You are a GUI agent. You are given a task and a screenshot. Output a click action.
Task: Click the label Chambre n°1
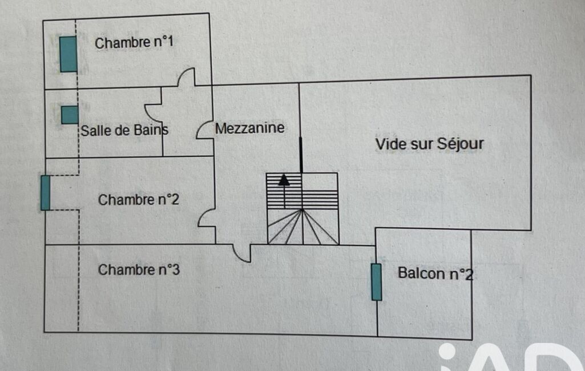click(x=134, y=43)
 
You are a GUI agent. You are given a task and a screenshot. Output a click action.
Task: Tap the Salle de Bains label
click(x=124, y=130)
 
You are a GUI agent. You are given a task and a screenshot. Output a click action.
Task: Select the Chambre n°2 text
click(x=139, y=200)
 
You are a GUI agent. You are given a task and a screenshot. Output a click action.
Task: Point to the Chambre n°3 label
click(x=139, y=269)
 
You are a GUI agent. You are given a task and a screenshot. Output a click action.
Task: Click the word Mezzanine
click(x=249, y=128)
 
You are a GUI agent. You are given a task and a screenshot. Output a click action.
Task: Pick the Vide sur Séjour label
click(x=429, y=144)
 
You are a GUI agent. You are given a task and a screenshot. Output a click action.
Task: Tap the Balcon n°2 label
click(x=435, y=274)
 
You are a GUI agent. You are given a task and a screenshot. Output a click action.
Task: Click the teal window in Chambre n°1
click(x=68, y=54)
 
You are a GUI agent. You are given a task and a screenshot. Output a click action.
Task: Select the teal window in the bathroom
click(x=70, y=115)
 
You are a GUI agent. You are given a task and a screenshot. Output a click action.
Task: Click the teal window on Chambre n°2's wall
click(x=45, y=193)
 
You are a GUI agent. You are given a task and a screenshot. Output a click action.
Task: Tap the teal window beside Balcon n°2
click(x=376, y=282)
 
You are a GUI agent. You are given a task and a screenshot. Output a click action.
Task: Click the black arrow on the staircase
click(x=283, y=180)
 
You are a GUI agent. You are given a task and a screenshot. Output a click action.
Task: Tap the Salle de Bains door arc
click(x=152, y=112)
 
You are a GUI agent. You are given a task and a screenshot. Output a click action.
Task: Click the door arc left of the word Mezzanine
click(x=204, y=131)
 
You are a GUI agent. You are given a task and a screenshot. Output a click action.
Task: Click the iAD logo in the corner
click(x=514, y=357)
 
